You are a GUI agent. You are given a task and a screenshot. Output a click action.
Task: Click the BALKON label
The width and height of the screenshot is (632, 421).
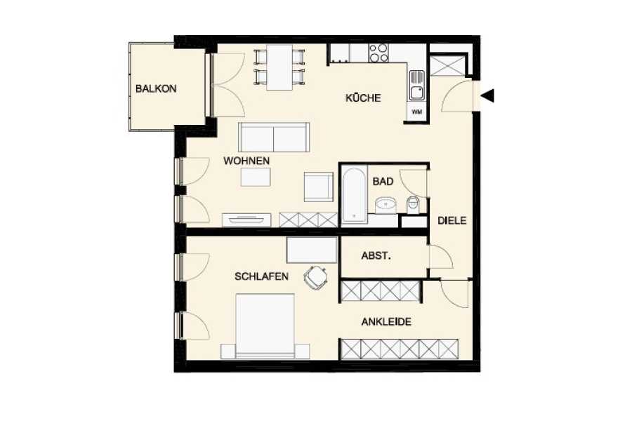(156, 88)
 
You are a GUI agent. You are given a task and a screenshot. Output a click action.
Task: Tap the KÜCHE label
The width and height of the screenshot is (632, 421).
(363, 98)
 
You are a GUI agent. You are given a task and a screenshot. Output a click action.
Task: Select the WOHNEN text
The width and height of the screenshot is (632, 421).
(246, 161)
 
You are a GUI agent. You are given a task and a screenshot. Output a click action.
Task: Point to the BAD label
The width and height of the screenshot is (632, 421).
(383, 181)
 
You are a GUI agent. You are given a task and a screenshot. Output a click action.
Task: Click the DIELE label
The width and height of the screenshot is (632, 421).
(452, 220)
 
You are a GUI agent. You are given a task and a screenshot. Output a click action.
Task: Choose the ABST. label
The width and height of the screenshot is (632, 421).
(376, 256)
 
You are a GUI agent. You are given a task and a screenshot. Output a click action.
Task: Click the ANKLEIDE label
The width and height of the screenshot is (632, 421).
(386, 322)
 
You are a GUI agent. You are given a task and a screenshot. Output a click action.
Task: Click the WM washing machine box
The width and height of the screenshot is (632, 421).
(417, 112)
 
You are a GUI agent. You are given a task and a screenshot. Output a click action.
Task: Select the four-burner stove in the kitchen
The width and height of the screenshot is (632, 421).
(378, 53)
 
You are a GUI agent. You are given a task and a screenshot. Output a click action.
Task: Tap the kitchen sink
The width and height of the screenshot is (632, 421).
(417, 86)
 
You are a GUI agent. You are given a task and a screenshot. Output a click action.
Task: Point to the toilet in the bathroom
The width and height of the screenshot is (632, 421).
(413, 205)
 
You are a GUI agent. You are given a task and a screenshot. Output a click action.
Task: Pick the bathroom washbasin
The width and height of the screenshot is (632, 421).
(386, 205)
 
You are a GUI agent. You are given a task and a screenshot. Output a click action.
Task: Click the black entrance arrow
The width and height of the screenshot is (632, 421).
(488, 96)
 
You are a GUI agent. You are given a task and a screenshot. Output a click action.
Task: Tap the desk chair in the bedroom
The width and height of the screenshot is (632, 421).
(315, 277)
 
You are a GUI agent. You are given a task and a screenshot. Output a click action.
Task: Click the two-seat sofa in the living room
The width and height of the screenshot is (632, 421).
(274, 138)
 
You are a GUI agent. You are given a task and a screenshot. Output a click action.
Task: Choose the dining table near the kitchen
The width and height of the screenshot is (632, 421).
(279, 67)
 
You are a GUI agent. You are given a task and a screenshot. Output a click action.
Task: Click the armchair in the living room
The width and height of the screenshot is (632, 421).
(318, 187)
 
